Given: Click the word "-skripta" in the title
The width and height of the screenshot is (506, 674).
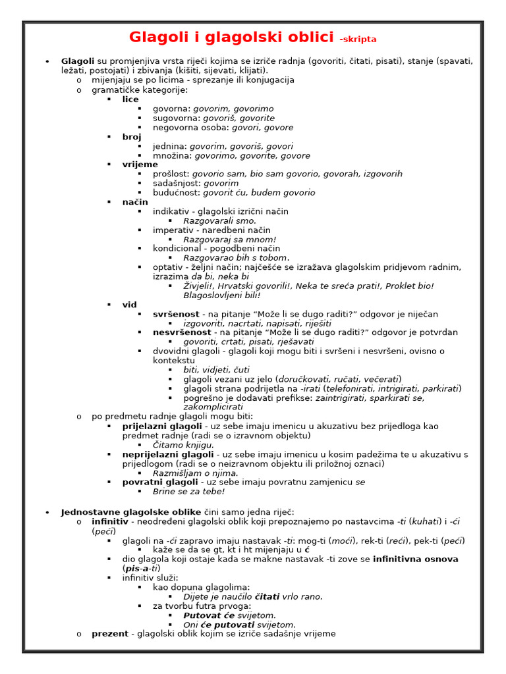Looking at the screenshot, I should pyautogui.click(x=358, y=39).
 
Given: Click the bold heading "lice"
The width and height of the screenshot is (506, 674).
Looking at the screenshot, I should pyautogui.click(x=130, y=99).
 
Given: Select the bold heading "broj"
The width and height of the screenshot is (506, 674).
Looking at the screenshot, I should pyautogui.click(x=132, y=137).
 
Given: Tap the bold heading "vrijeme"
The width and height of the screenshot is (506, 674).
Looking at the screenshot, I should pyautogui.click(x=140, y=165).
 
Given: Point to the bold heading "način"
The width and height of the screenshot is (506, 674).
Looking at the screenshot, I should pyautogui.click(x=135, y=202).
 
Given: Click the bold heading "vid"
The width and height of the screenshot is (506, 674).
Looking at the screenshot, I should pyautogui.click(x=129, y=305).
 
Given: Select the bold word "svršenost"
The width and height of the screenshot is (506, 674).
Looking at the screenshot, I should pyautogui.click(x=176, y=315).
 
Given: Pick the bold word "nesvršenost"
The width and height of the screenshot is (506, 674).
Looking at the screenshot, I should pyautogui.click(x=182, y=333).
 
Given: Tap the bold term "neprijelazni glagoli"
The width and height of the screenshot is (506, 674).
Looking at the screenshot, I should pyautogui.click(x=168, y=455).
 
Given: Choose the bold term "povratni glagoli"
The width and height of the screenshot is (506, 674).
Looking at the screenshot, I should pyautogui.click(x=160, y=482).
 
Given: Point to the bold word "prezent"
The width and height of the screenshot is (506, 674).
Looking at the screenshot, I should pyautogui.click(x=110, y=634).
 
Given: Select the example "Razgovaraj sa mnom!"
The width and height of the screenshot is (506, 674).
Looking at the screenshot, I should pyautogui.click(x=229, y=240).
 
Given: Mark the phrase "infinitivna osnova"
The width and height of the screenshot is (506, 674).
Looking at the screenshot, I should pyautogui.click(x=416, y=559).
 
